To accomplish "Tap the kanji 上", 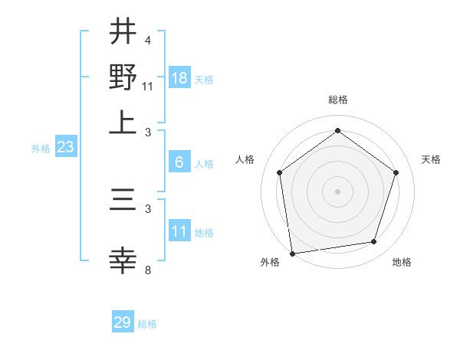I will click(x=123, y=121).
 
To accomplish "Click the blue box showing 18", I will click(x=179, y=78).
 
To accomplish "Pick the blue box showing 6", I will click(x=179, y=162).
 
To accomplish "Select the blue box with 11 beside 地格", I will click(x=179, y=231).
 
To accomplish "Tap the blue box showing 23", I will click(x=65, y=147).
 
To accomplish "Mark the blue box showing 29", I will click(x=123, y=322).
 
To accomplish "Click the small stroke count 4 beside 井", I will click(x=147, y=40).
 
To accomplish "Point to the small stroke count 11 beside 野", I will click(x=147, y=86).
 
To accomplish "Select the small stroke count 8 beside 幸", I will click(x=147, y=270).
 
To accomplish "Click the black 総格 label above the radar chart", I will click(x=337, y=100).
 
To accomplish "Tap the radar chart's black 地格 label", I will click(x=402, y=262).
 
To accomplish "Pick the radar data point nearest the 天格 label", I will click(x=396, y=172).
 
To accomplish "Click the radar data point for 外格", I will click(x=292, y=253).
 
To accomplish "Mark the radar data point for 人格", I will click(x=280, y=172).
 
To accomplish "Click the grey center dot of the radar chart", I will click(x=337, y=191).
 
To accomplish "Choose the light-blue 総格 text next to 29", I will click(x=147, y=324).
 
